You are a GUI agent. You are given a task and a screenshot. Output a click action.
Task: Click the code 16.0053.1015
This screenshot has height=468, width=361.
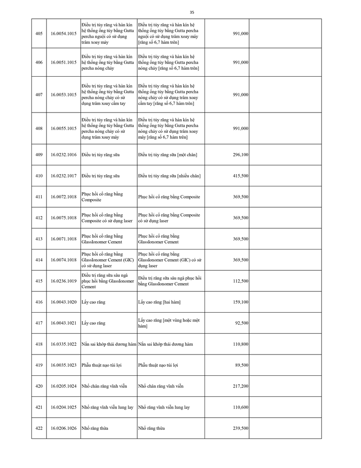click(x=63, y=95)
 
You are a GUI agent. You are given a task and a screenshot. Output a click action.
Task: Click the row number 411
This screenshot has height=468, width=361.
click(x=39, y=197)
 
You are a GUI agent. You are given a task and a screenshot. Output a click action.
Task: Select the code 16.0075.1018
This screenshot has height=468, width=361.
click(x=63, y=218)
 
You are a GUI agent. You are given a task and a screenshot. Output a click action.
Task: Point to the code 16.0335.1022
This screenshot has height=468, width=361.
click(x=63, y=344)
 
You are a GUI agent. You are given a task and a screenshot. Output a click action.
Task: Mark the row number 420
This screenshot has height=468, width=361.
click(x=39, y=386)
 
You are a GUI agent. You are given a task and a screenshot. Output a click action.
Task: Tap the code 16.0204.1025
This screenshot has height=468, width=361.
click(x=63, y=407)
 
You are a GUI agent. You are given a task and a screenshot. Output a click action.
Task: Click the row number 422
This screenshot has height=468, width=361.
click(x=39, y=428)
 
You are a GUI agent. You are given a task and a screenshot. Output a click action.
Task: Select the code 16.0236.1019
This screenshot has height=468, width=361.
click(x=63, y=281)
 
